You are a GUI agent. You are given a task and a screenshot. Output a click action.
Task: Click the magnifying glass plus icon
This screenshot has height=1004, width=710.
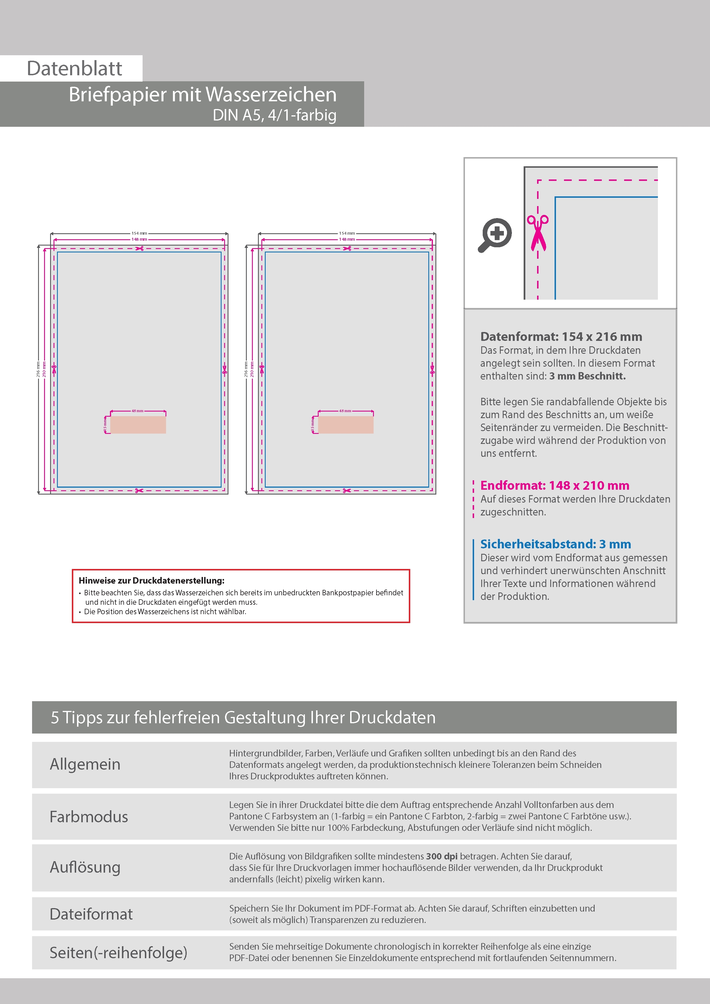coord(495,235)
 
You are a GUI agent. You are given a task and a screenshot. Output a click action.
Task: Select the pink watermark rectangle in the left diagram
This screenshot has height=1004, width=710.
coord(138,425)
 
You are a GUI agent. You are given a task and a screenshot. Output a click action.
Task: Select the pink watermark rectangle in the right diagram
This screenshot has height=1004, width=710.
coord(346,425)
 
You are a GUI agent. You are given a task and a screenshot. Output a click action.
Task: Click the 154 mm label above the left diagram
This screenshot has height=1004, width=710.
coord(139,233)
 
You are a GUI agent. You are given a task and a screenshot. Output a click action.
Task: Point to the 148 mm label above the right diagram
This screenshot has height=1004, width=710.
coord(347,239)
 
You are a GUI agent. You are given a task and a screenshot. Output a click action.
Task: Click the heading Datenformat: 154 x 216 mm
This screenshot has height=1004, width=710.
coord(561,336)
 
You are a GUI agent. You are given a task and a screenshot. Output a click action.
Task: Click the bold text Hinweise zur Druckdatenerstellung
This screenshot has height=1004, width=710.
coord(151,581)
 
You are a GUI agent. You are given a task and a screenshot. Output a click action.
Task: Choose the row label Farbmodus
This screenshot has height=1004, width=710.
coord(88,817)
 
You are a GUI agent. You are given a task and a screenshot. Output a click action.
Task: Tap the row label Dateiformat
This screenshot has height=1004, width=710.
coord(91,914)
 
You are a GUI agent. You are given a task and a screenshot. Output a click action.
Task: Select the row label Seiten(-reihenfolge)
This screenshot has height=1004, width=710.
coord(118,952)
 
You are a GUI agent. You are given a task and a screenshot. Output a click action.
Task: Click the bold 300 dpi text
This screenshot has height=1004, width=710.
coord(441,856)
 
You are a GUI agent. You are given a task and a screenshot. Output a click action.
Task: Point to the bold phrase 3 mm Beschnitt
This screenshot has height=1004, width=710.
coord(587,376)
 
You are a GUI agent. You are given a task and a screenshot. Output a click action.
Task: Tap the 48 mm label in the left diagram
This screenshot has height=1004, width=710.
coord(137,411)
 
